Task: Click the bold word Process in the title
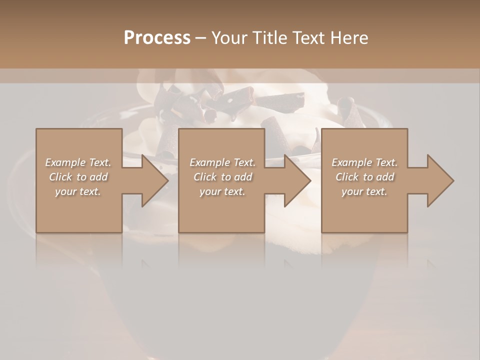tap(157, 38)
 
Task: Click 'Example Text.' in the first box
tap(78, 162)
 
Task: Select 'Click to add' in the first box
tap(78, 177)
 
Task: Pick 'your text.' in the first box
tap(78, 191)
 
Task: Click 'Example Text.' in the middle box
tap(222, 162)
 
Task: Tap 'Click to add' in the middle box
tap(222, 177)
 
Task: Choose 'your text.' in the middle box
tap(222, 191)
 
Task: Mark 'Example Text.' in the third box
tap(364, 162)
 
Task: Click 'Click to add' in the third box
tap(364, 177)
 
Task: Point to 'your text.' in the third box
tap(364, 191)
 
